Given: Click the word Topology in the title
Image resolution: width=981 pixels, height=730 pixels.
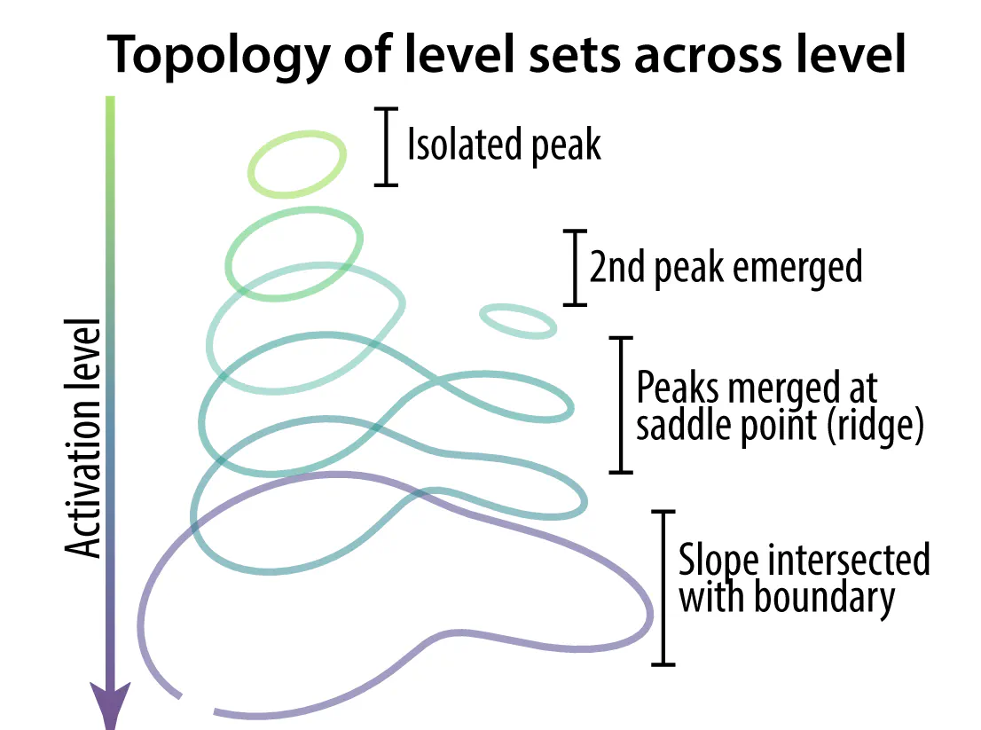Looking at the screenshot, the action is (218, 56).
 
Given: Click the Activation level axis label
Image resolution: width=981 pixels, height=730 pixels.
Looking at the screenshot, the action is (82, 437).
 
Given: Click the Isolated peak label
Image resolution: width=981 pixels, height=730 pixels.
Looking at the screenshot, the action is (504, 145).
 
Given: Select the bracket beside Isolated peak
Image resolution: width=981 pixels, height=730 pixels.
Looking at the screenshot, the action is (386, 147).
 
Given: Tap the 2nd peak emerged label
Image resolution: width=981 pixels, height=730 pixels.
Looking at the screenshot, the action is (726, 268).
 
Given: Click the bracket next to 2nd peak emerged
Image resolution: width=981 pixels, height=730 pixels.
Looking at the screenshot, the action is (575, 268).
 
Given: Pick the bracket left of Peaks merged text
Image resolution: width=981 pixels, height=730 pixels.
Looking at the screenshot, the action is (621, 404).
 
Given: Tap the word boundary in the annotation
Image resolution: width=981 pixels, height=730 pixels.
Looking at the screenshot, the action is (824, 598).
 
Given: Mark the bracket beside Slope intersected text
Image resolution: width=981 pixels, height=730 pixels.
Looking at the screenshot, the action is (663, 587).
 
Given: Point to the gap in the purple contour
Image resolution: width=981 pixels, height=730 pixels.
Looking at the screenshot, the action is (197, 703).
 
